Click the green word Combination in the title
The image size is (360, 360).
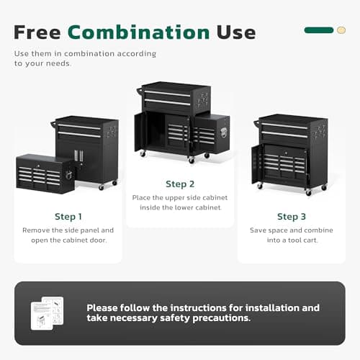tap(139, 32)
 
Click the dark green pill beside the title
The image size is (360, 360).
tap(319, 30)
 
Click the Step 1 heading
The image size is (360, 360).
tap(68, 216)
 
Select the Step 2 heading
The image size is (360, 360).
tap(180, 184)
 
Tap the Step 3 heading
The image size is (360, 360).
tap(292, 216)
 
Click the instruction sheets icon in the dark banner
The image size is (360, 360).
tap(48, 313)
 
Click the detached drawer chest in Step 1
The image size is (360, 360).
tap(45, 173)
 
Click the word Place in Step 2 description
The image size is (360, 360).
tap(144, 197)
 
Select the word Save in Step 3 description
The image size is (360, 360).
tap(258, 230)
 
